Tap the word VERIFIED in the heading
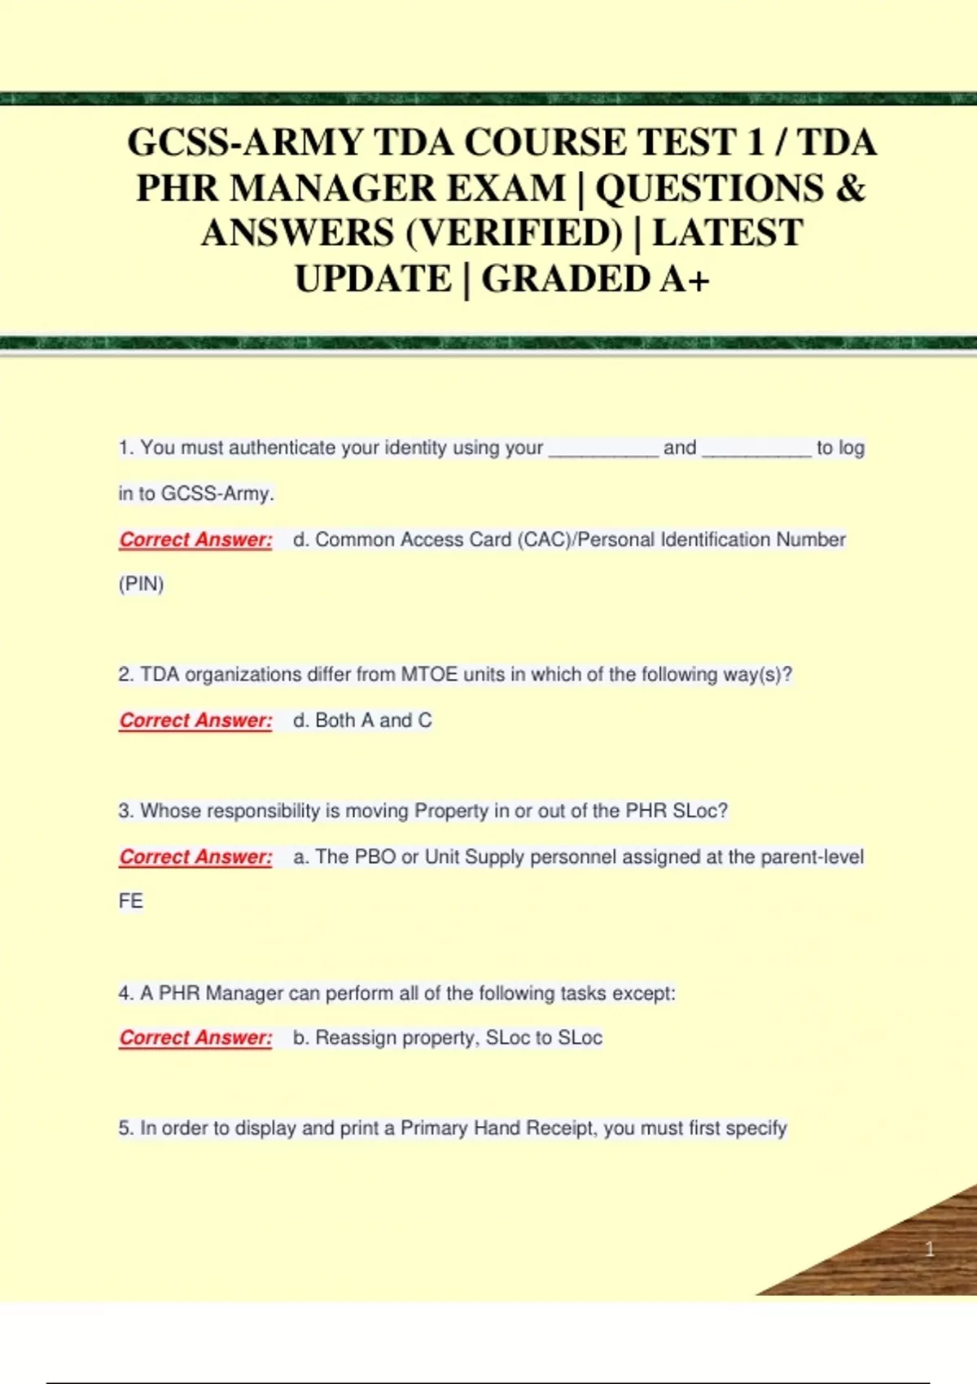(514, 234)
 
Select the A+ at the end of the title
(686, 279)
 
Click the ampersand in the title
(850, 188)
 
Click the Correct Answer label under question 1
(195, 540)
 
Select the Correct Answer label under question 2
(195, 720)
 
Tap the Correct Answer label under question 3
(195, 857)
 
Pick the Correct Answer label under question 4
(195, 1038)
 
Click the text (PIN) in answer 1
(142, 585)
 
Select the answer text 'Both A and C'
(373, 720)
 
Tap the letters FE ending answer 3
(131, 901)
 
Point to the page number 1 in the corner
(929, 1249)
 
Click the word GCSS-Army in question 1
(217, 493)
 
